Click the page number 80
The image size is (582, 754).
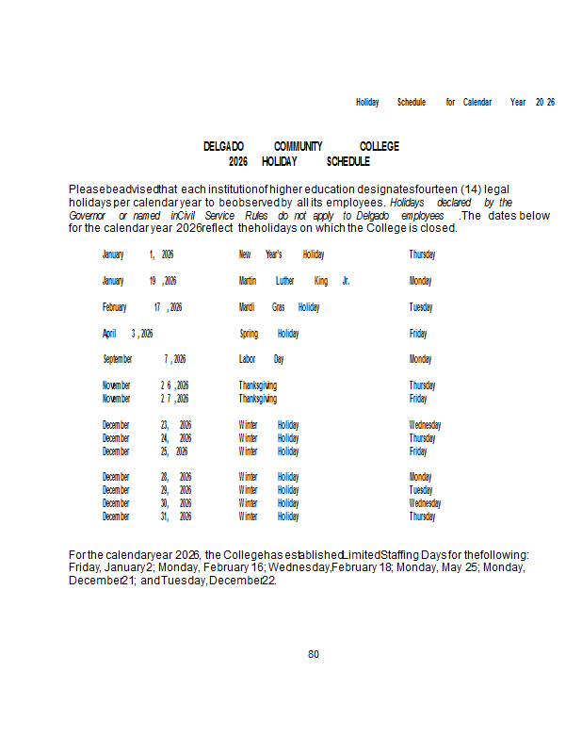[x=314, y=654]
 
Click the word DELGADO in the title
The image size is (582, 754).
[x=223, y=146]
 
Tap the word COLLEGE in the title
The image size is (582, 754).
[x=379, y=146]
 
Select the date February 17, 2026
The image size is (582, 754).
[x=142, y=307]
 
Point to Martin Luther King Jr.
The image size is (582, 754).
[x=294, y=281]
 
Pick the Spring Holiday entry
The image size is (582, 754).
[x=268, y=334]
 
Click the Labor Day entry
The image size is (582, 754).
[x=261, y=359]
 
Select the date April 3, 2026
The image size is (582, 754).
[x=127, y=334]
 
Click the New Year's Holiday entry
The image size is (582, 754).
[x=281, y=254]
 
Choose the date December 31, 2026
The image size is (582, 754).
[x=147, y=516]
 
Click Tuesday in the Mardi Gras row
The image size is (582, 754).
[x=420, y=307]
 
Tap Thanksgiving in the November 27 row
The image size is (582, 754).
[x=257, y=399]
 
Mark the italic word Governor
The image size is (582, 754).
[x=87, y=215]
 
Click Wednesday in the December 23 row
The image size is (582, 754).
[x=425, y=425]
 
